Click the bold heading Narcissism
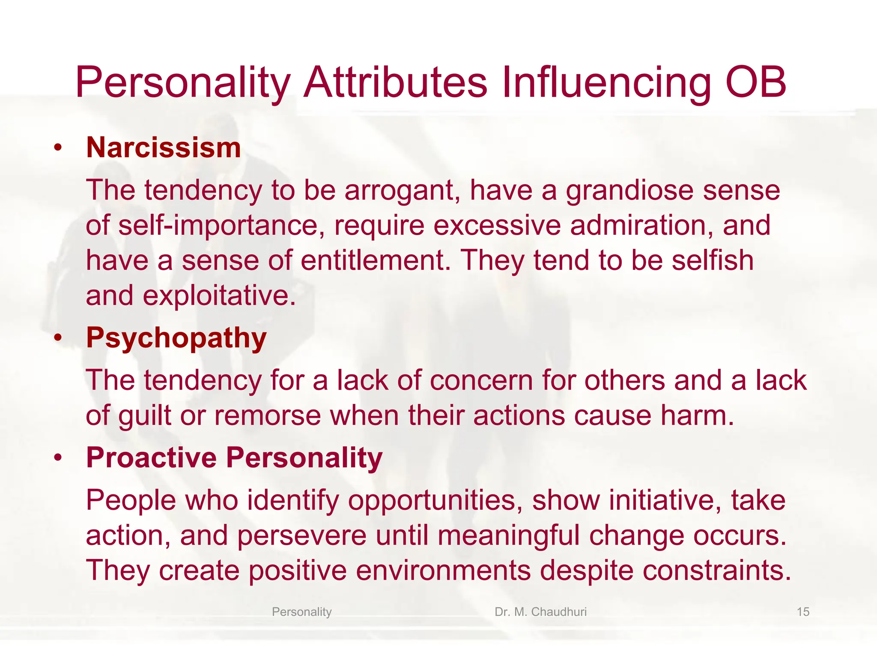point(163,148)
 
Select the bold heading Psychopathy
point(176,338)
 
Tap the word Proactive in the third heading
point(152,458)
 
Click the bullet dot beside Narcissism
point(58,148)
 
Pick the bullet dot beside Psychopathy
point(58,338)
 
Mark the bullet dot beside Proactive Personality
point(58,458)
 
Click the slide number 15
point(803,612)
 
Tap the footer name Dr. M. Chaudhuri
point(540,612)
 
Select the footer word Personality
point(301,612)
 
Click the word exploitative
point(219,296)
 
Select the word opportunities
point(435,500)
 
